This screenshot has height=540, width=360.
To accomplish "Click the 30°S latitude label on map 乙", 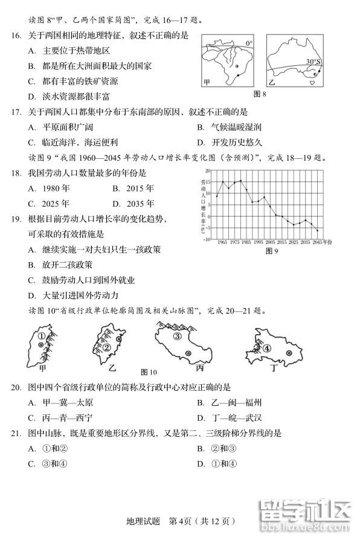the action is point(312,62).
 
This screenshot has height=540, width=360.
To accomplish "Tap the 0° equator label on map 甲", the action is point(249,43).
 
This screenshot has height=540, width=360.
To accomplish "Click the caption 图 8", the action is point(260,94).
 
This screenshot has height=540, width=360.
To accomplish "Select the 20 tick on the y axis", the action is point(207,172).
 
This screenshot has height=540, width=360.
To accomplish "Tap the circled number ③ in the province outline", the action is point(177,337).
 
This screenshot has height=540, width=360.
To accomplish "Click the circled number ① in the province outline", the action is point(41,336).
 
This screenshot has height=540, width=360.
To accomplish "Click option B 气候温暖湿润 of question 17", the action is point(229,127).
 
